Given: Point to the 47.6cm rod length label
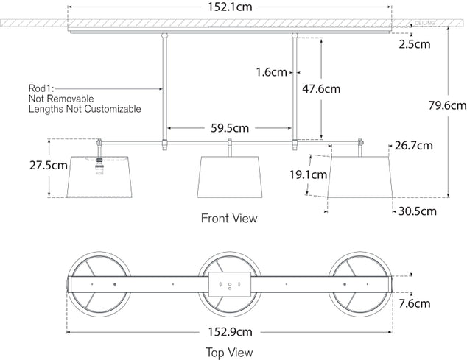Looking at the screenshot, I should click(x=322, y=89).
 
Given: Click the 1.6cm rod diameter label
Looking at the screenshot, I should click(x=271, y=72).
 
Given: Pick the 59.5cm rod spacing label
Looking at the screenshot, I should click(x=229, y=127).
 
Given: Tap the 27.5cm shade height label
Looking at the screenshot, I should click(x=22, y=166).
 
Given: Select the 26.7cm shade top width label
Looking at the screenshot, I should click(x=413, y=145).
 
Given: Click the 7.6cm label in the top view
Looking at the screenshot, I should click(x=416, y=303).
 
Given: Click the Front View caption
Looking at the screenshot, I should click(x=229, y=219).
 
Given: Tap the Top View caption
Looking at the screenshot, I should click(x=231, y=353).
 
